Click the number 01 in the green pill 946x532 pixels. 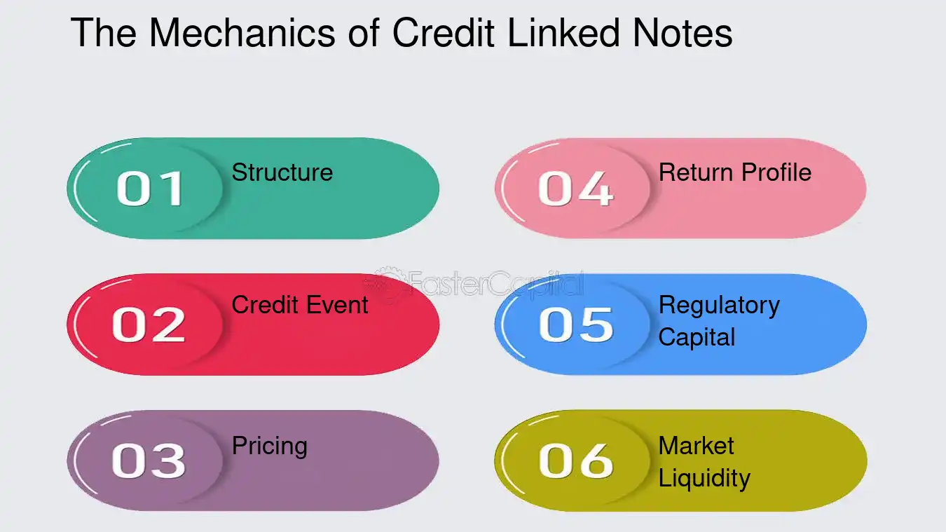coord(150,189)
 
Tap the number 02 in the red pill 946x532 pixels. coord(149,325)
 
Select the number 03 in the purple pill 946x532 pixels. coord(149,461)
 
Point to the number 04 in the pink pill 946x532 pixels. coord(575,189)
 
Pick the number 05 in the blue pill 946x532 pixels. coord(576,325)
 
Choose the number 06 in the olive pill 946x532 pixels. coord(576,461)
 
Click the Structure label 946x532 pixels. coord(282,172)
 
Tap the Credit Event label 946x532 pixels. coord(300,305)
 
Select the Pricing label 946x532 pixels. coord(270,446)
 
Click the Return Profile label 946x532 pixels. coord(735,172)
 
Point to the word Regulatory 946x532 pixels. coord(719,306)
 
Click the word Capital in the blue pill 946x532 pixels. coord(697,338)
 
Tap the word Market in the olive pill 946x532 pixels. coord(697,446)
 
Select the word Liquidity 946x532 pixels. coord(704,479)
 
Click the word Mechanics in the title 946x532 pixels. coord(242,32)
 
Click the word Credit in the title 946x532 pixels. coord(444,32)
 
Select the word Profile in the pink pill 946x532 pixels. coord(776,172)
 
